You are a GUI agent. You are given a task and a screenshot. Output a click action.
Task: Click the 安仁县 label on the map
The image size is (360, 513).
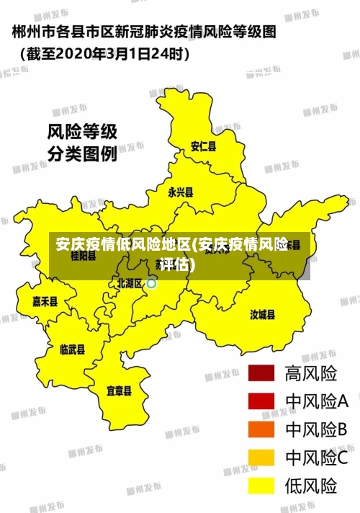coord(203,146)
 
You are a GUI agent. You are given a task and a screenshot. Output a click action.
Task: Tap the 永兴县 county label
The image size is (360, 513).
coord(181,192)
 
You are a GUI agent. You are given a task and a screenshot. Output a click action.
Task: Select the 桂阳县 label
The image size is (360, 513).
coord(83,255)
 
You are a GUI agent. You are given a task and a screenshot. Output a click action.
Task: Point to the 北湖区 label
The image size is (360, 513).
coord(130,284)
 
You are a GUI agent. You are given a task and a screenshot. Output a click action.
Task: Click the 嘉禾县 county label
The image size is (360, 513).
coord(45,302)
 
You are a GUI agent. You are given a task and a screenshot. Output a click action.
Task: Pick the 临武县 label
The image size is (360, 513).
coord(72,349)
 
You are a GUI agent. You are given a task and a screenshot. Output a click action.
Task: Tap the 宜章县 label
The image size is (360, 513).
coord(119,391)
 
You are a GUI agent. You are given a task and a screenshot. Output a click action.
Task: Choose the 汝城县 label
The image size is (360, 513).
coord(263,314)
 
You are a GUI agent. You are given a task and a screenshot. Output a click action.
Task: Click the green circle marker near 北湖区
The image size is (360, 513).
coord(152,284)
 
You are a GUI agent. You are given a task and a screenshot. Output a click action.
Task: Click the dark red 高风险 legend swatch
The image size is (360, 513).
coord(262,373)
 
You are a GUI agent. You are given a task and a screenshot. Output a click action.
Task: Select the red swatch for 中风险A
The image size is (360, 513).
coord(262,401)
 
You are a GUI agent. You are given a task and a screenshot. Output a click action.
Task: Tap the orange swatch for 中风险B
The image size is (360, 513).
coord(262,429)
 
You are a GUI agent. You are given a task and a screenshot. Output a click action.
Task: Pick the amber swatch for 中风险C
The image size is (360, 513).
coord(262,458)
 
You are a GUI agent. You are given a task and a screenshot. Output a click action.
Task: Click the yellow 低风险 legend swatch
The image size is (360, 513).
coord(262,486)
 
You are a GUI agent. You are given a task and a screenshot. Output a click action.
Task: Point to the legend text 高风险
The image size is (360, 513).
coord(311,373)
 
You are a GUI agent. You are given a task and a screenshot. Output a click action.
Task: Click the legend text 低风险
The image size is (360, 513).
coord(311,486)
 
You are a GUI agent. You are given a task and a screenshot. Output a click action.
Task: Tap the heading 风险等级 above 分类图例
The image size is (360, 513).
coord(81,133)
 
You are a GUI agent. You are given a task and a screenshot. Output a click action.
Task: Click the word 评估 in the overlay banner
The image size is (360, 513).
coord(177,264)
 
